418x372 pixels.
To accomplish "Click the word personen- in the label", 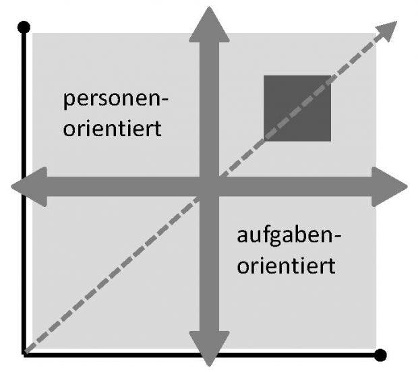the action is point(116,100).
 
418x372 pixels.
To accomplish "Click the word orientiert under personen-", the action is point(112,129).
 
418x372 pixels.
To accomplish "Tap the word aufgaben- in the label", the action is point(289,236).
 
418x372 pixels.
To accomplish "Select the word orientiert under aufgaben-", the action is point(286,266).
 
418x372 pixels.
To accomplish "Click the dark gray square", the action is point(297,108).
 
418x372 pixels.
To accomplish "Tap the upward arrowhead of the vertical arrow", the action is point(209,24).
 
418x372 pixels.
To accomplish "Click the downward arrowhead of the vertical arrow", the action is point(209,348).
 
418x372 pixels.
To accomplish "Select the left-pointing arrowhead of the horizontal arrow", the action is point(29,187).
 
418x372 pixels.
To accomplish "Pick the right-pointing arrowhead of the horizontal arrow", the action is point(390,187).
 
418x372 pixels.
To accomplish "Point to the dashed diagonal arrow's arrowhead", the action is point(388,30).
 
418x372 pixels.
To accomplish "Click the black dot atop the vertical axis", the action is point(24,27).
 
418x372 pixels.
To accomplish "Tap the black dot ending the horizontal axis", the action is point(380,355).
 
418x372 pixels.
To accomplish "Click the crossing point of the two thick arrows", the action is point(209,187).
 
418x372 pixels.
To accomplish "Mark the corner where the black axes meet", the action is point(24,354).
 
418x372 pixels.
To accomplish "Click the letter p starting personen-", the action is point(69,102).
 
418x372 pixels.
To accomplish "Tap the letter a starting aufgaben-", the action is point(242,237).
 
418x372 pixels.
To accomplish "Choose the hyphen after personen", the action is point(165,100).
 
